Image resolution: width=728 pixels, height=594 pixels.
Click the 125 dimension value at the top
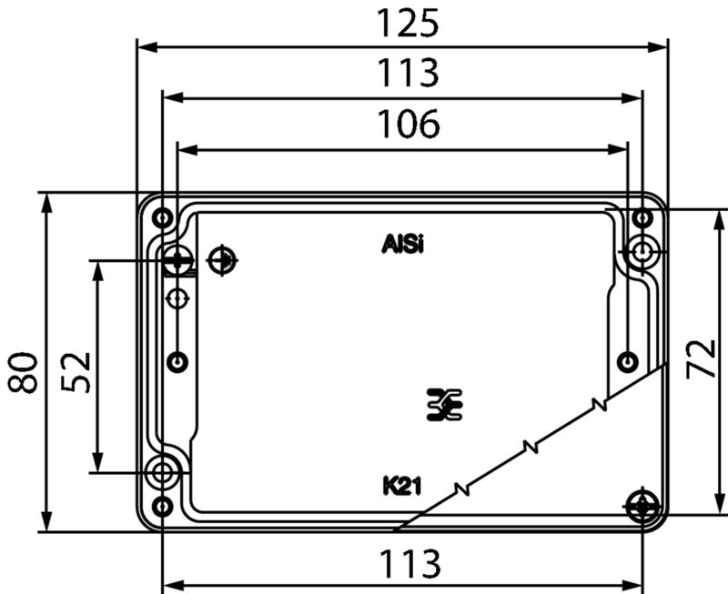click(x=408, y=25)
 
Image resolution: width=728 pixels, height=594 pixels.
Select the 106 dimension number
click(x=409, y=124)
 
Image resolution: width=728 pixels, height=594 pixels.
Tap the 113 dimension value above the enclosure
click(x=408, y=73)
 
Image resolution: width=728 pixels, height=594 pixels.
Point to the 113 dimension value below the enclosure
click(x=409, y=564)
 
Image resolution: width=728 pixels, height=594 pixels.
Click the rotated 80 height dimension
click(x=23, y=373)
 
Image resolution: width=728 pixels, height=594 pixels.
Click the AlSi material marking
click(x=402, y=244)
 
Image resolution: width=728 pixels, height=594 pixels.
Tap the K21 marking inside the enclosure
click(x=402, y=487)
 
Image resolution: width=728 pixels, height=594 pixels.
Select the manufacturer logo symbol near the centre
click(x=444, y=405)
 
